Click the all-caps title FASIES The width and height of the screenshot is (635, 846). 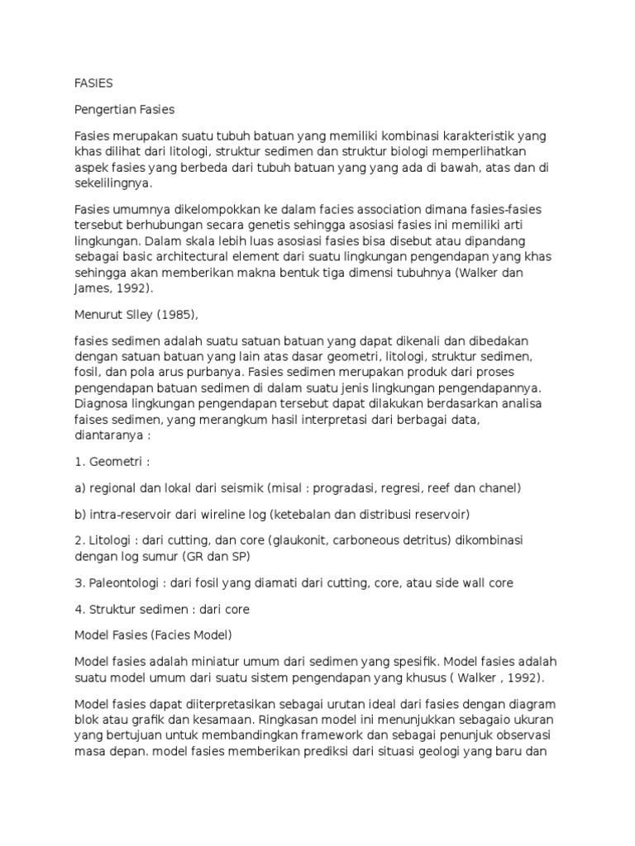(93, 83)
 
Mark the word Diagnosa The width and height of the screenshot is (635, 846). (103, 403)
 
